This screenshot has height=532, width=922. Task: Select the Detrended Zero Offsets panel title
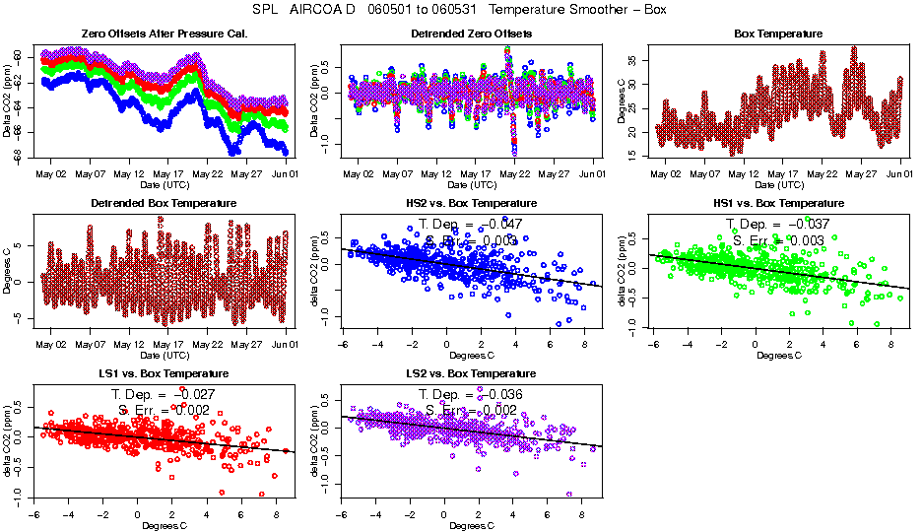coord(471,33)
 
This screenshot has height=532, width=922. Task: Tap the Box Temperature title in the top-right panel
coord(778,33)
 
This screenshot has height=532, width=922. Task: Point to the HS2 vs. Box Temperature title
coord(471,203)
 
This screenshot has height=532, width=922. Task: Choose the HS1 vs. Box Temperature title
coord(778,203)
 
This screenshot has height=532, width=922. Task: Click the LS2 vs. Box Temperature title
coord(471,373)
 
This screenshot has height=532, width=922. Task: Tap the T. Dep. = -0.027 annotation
coord(164,394)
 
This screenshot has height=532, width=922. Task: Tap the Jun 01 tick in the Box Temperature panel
coord(899,173)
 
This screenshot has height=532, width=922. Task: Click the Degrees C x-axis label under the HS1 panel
coord(778,355)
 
